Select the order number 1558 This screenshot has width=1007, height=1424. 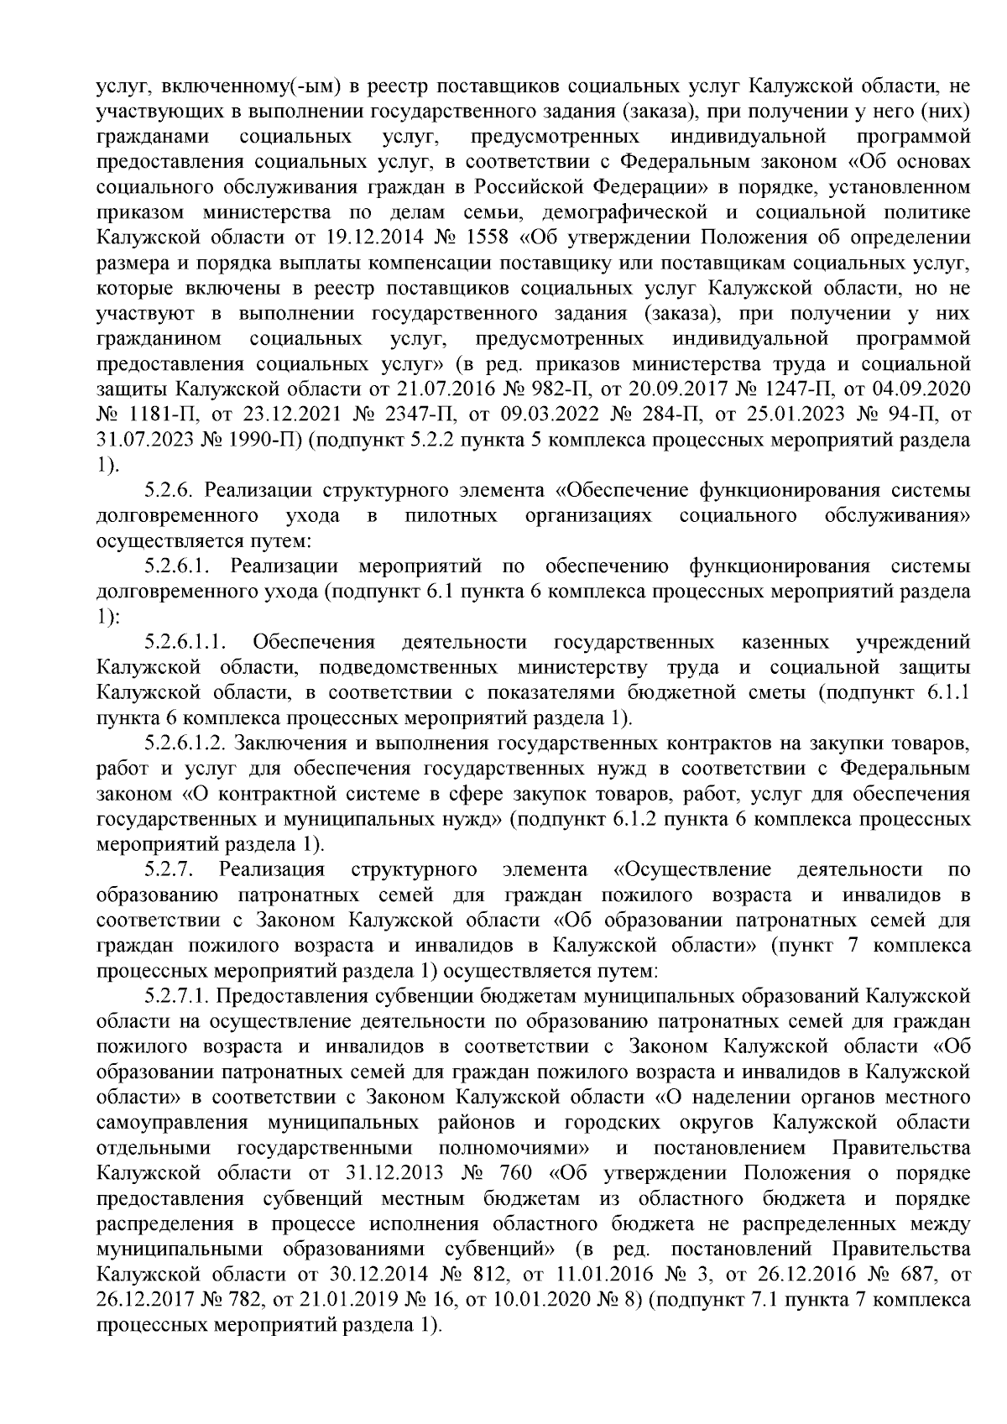[x=485, y=236]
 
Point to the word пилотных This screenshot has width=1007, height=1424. [x=451, y=515]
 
